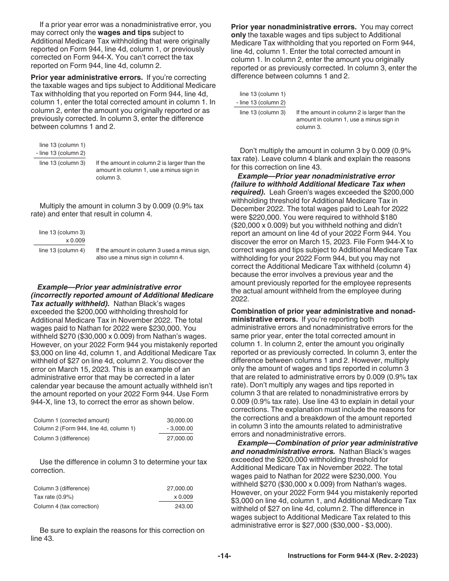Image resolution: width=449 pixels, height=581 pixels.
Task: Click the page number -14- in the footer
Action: point(224,556)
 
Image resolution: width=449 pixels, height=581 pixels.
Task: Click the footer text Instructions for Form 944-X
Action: point(353,556)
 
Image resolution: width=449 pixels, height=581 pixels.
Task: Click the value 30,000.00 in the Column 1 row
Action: point(180,420)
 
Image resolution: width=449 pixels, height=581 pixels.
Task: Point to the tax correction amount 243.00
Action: point(183,506)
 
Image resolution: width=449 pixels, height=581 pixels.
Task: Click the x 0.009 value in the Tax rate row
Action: point(183,497)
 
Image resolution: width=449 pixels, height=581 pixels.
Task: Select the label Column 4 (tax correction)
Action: point(66,506)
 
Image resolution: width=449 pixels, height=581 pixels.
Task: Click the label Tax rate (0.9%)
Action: point(53,497)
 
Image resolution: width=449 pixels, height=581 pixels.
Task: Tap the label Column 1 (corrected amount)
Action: point(71,420)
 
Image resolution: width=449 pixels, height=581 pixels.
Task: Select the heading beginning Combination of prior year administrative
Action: point(323,311)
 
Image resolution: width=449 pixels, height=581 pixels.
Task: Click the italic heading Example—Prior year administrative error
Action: point(109,287)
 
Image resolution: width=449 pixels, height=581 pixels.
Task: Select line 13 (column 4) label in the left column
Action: point(62,250)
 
